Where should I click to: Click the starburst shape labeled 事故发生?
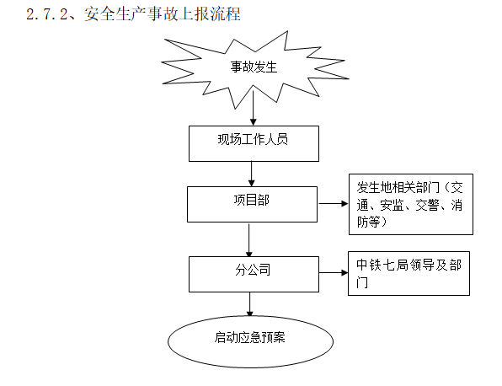(254, 66)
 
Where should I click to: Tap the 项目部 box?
(253, 203)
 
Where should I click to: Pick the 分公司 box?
(253, 272)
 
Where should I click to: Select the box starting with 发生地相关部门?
(410, 205)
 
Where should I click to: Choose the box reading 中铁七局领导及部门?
(409, 272)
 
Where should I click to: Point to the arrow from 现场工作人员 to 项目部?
(252, 173)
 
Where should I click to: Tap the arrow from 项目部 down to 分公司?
(249, 239)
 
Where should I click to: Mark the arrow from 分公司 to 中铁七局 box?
(333, 272)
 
